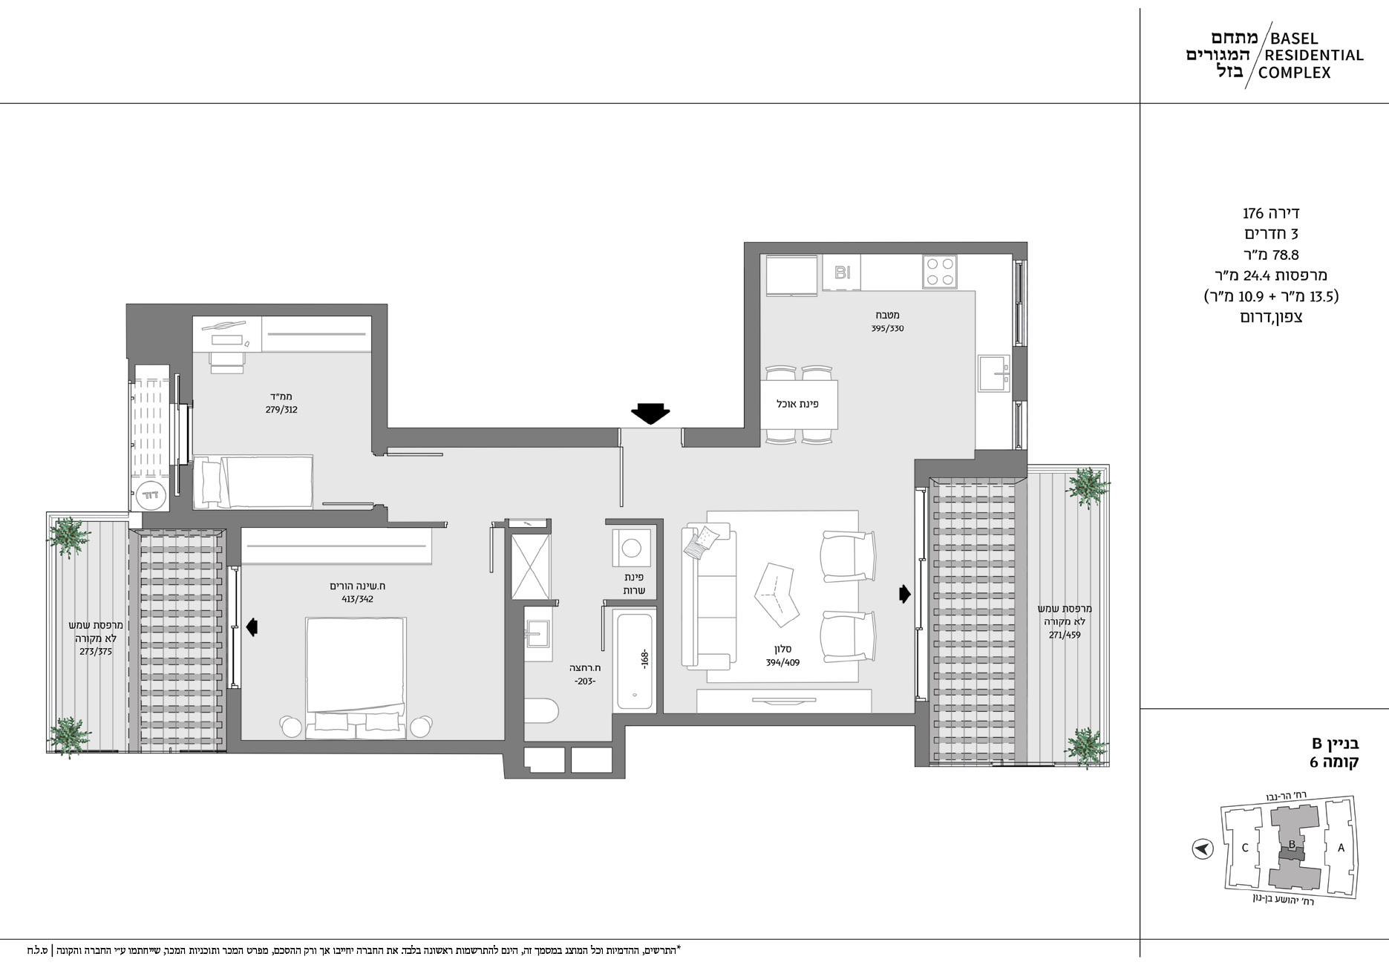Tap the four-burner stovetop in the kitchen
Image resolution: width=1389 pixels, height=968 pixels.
coord(940,272)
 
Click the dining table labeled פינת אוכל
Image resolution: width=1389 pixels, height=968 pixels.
coord(799,405)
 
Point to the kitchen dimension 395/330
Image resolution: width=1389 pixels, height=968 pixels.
coord(887,328)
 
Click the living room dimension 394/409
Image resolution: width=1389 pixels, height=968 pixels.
coord(782,663)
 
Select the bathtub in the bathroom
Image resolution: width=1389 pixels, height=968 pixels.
coord(635,661)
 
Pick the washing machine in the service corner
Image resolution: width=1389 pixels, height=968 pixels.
coord(631,549)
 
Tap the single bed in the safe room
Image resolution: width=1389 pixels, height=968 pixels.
coord(252,483)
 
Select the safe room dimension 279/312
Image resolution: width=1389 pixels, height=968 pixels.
coord(281,409)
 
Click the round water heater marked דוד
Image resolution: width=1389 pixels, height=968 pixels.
coord(152,493)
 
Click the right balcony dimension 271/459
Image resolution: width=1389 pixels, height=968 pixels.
coord(1065,635)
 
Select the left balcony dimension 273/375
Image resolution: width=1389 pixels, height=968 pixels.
coord(96,651)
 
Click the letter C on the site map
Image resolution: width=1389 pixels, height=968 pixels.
coord(1245,848)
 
